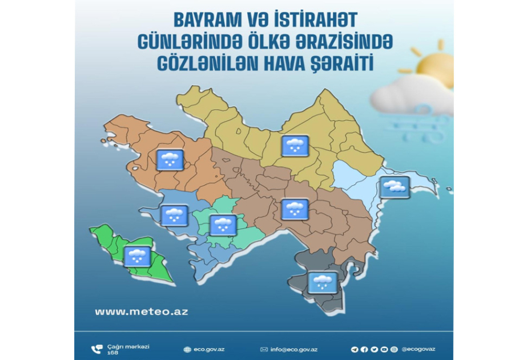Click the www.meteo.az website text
pyautogui.click(x=142, y=311)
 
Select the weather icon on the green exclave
pyautogui.click(x=137, y=257)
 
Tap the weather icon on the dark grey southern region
pyautogui.click(x=323, y=283)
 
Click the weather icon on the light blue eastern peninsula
pyautogui.click(x=395, y=187)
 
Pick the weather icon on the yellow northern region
pyautogui.click(x=295, y=146)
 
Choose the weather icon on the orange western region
pyautogui.click(x=170, y=159)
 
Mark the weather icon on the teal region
pyautogui.click(x=223, y=225)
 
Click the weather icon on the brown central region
pyautogui.click(x=295, y=210)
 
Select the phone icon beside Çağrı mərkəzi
pyautogui.click(x=96, y=349)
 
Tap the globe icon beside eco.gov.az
pyautogui.click(x=187, y=349)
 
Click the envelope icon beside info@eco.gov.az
pyautogui.click(x=264, y=349)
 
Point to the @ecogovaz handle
pyautogui.click(x=418, y=349)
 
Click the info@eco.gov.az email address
pyautogui.click(x=293, y=349)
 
